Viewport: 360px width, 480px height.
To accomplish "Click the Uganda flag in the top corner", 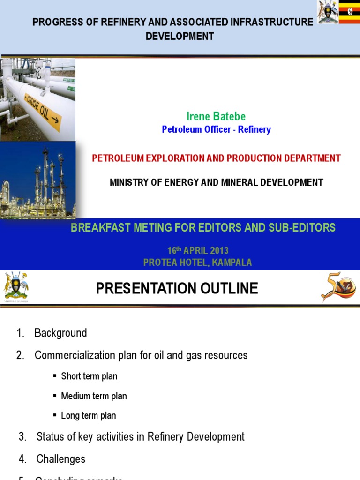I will click(349, 13).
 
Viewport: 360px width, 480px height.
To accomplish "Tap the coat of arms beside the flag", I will click(328, 13).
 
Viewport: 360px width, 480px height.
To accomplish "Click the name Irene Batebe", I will click(216, 117).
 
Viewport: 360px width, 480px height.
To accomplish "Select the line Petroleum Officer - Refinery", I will click(216, 129).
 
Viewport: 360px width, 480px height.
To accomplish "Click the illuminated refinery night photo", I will click(37, 180).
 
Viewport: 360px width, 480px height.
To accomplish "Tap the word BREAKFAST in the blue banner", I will click(95, 228).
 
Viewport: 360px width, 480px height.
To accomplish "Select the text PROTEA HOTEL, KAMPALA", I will click(197, 262).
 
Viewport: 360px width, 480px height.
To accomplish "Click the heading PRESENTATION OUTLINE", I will click(177, 288).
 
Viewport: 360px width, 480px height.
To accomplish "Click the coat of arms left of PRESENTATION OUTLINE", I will click(15, 286).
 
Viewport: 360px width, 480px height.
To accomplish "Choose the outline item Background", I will click(60, 333).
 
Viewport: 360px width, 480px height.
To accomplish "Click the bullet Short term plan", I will click(89, 376).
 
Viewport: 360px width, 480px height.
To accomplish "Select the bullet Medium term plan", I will click(94, 396).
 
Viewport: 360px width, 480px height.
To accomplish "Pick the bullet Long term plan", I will click(88, 416).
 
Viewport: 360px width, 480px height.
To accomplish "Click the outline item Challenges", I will click(61, 459).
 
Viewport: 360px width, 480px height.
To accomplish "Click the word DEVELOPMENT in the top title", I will click(180, 36).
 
